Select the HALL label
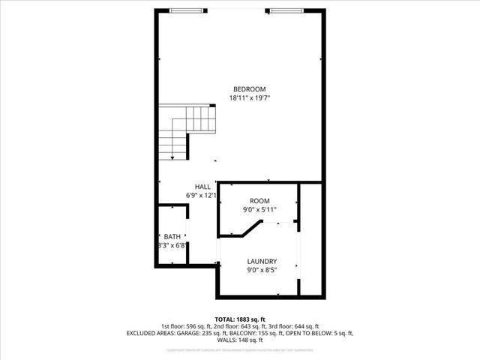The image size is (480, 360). click(x=202, y=187)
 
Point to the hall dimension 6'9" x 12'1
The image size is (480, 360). click(x=202, y=196)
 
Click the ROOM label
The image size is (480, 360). click(x=259, y=201)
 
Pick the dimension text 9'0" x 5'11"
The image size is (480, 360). click(x=259, y=210)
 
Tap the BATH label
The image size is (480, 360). click(x=172, y=236)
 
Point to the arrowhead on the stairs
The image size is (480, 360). click(x=173, y=158)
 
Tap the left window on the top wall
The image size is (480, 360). click(x=186, y=10)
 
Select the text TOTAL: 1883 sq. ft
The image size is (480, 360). click(x=240, y=319)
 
